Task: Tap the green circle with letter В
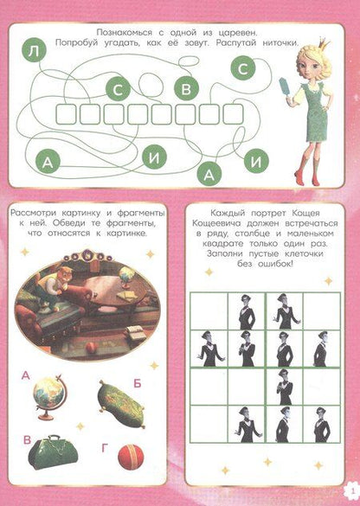click(x=185, y=86)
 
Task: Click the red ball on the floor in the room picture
click(x=91, y=348)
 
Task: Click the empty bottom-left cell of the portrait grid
click(x=207, y=426)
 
